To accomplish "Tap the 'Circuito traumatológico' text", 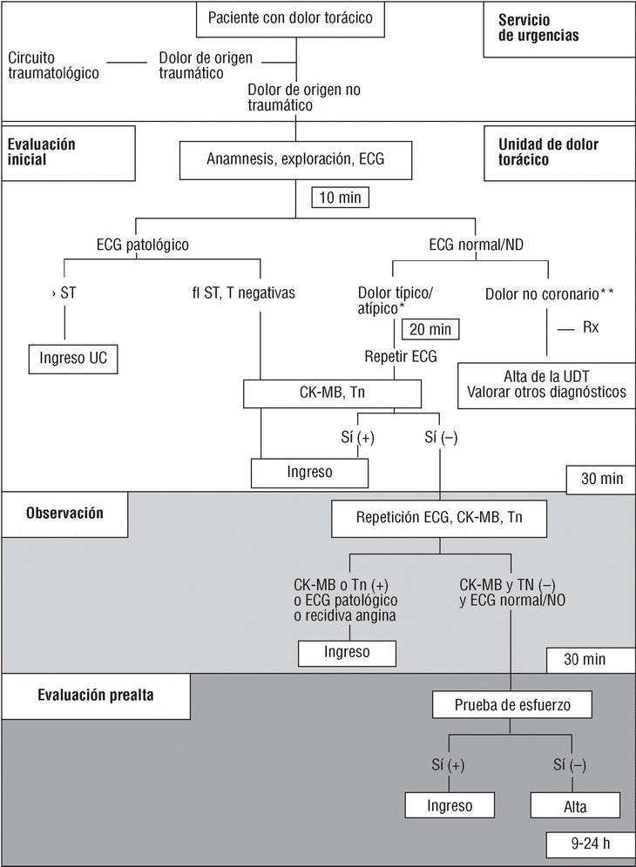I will click(53, 66).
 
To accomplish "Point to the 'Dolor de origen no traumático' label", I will click(304, 97).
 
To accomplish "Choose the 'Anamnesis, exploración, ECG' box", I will click(295, 160).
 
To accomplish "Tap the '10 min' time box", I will click(339, 197).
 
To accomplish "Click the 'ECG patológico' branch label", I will click(143, 245).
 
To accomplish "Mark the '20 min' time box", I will click(430, 329).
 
